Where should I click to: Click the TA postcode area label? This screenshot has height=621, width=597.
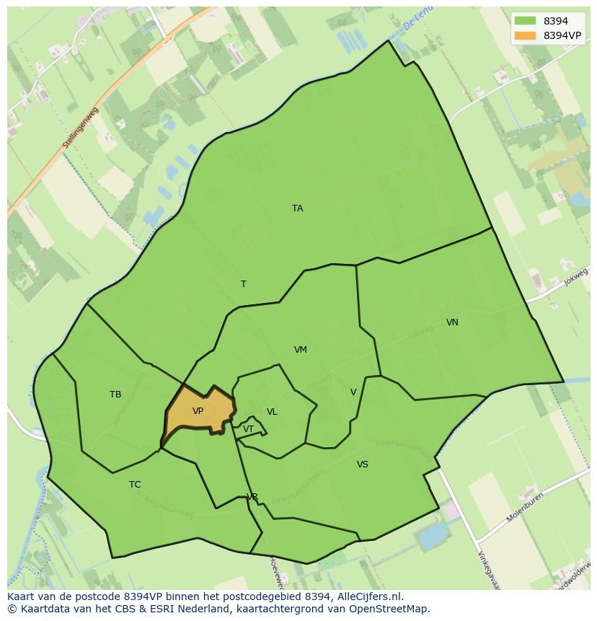(297, 208)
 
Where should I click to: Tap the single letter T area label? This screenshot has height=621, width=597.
(243, 284)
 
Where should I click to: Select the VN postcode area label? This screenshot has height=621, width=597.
(452, 322)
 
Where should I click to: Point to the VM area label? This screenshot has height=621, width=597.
(301, 350)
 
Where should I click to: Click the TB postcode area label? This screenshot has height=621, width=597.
(115, 395)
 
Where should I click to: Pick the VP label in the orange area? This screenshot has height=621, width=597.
(198, 411)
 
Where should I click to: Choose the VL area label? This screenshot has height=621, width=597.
(272, 412)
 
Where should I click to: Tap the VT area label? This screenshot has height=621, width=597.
(248, 429)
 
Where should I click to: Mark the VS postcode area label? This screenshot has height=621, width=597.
(362, 464)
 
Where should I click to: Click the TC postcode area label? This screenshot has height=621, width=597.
(135, 485)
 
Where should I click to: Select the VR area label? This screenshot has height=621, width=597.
(252, 497)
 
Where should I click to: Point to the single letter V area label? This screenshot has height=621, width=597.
(353, 392)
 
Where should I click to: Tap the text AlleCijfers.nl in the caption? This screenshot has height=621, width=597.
(369, 596)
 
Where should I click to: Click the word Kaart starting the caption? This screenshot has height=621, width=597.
(21, 596)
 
